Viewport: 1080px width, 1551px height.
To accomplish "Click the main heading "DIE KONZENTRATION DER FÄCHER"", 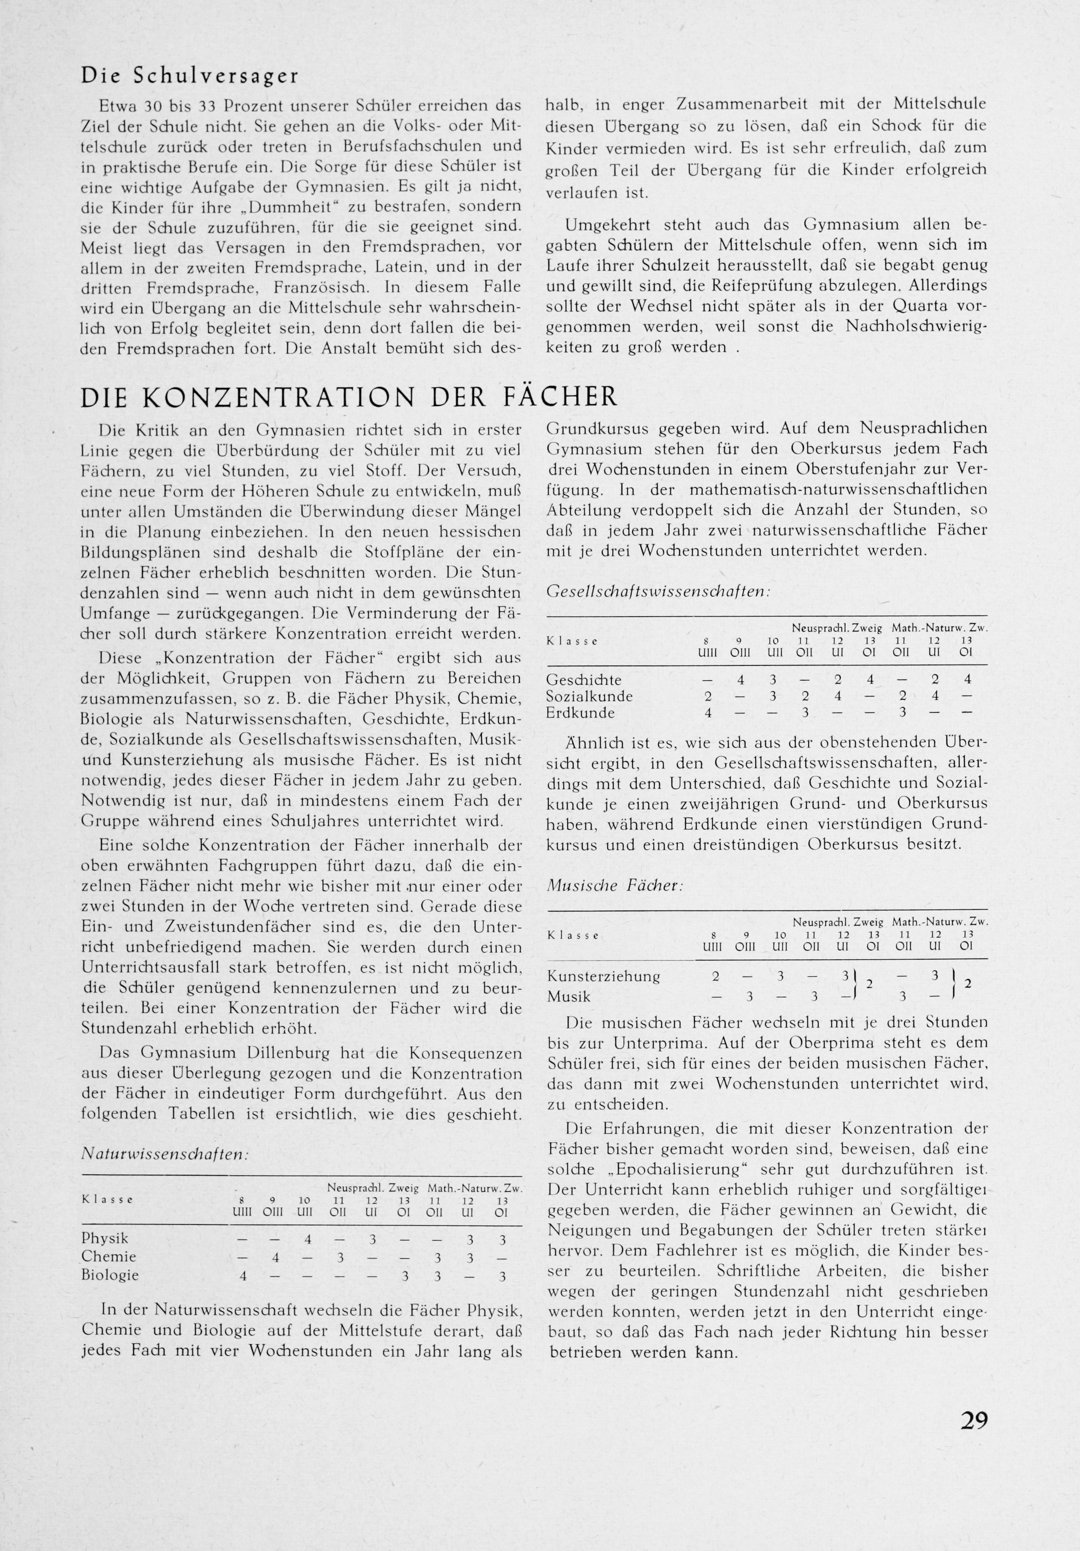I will click(x=349, y=397).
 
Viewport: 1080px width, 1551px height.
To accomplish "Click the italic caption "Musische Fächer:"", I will click(x=615, y=886).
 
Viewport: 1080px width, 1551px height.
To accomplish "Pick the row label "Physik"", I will click(x=105, y=1238).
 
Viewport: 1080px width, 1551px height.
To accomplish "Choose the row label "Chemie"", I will click(x=109, y=1256).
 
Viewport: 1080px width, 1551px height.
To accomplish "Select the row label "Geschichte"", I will click(x=583, y=680).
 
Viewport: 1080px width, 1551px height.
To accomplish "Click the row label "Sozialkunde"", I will click(x=589, y=696).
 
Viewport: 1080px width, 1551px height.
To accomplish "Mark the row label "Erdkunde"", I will click(x=581, y=713).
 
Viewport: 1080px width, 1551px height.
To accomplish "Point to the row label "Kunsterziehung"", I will click(x=594, y=976).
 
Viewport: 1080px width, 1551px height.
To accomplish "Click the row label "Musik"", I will click(x=569, y=997).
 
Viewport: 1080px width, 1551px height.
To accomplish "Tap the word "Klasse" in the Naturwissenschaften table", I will click(x=107, y=1200).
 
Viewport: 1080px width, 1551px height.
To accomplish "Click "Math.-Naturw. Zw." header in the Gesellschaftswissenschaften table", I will click(x=940, y=628).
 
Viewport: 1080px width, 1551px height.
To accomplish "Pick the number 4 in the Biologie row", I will click(x=243, y=1276).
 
